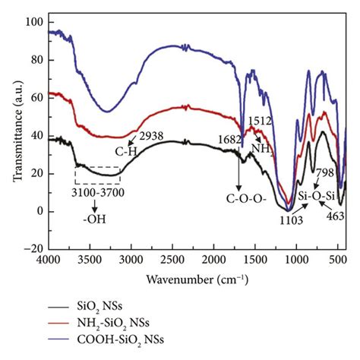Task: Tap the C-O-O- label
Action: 239,201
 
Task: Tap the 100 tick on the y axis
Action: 33,22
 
